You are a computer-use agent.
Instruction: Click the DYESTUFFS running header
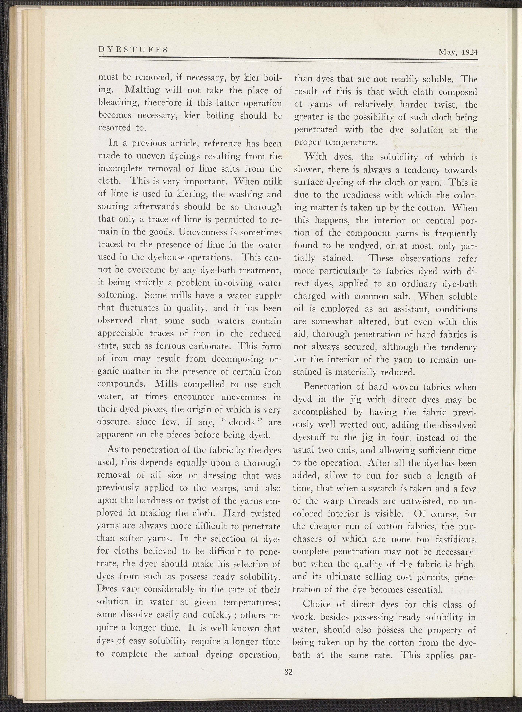tap(133, 50)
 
